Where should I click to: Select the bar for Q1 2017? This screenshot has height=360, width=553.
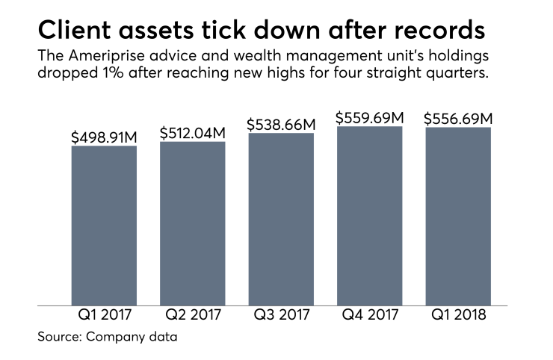[x=104, y=226]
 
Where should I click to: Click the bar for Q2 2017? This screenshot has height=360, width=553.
[x=192, y=223]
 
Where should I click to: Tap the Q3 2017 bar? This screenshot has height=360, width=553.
[x=281, y=219]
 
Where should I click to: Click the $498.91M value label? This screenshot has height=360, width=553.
[x=104, y=137]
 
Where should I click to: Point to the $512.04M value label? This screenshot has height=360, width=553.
[x=192, y=133]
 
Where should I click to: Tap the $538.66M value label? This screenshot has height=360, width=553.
[x=281, y=125]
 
